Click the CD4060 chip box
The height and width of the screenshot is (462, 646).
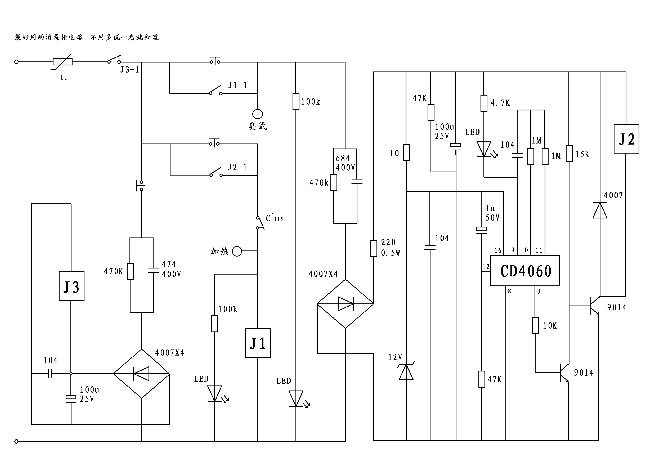pos(524,271)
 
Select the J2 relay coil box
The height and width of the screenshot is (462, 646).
pos(626,139)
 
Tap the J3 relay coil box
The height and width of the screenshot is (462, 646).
pos(71,286)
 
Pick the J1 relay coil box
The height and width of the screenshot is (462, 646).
pos(258,343)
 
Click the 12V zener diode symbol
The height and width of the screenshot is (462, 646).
pos(406,372)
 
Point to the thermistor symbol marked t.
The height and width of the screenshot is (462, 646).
pos(62,62)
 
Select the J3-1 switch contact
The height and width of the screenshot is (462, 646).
pos(114,59)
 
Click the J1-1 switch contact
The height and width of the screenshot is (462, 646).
pos(216,90)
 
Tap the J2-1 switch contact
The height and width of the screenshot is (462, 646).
pos(216,172)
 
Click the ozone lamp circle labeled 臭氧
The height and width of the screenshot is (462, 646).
pos(257,114)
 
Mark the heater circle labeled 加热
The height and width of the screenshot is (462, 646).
pos(237,251)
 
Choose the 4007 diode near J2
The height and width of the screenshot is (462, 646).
pos(600,210)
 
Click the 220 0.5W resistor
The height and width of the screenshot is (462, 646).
pos(374,248)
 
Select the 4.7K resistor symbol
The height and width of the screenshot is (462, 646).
pos(484,103)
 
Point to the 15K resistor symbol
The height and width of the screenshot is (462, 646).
pos(569,153)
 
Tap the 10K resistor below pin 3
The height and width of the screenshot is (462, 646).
pos(535,325)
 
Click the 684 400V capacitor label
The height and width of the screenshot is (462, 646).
pos(345,163)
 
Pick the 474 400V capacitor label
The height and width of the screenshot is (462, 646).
pos(171,269)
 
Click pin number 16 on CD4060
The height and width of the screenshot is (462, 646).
pos(498,250)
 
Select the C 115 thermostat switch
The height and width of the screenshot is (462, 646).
pos(260,223)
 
